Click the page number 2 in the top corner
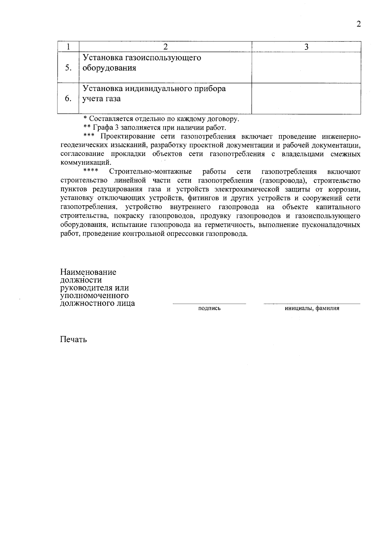359,24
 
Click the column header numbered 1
68,47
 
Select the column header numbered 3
306,47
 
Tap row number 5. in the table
68,68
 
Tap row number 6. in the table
68,99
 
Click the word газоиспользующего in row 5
163,58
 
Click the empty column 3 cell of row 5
306,67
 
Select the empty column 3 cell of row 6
306,98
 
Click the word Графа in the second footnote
102,128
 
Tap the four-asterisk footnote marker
90,171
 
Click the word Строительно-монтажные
150,172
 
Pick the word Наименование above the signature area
88,272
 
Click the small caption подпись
209,308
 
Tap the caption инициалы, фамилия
312,308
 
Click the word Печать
73,339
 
